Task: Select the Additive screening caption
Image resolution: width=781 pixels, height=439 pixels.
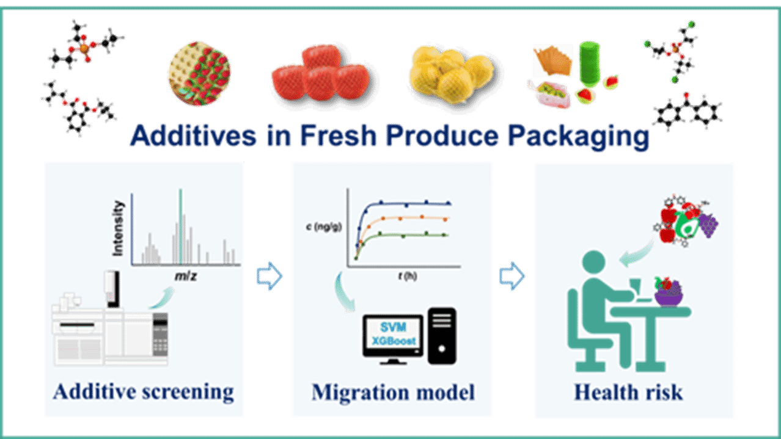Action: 144,391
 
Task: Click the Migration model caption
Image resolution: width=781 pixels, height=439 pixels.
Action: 393,392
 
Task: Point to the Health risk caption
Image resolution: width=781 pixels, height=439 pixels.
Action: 628,392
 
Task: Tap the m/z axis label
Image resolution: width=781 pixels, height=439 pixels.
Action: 185,277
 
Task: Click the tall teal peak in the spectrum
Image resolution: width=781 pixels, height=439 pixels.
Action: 180,226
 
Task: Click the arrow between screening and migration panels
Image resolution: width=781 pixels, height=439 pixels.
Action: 269,277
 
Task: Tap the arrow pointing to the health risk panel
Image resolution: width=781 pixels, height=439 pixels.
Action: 512,277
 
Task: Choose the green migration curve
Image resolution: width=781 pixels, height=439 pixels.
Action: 403,234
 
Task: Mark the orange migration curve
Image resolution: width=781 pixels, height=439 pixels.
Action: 403,218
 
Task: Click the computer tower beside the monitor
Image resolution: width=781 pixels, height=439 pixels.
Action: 442,335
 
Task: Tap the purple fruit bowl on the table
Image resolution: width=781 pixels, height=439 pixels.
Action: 670,296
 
